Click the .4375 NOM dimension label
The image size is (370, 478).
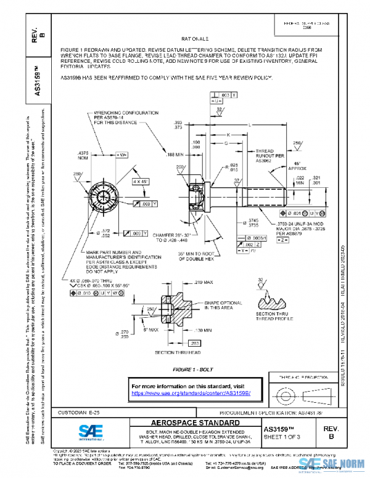[x=83, y=155]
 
